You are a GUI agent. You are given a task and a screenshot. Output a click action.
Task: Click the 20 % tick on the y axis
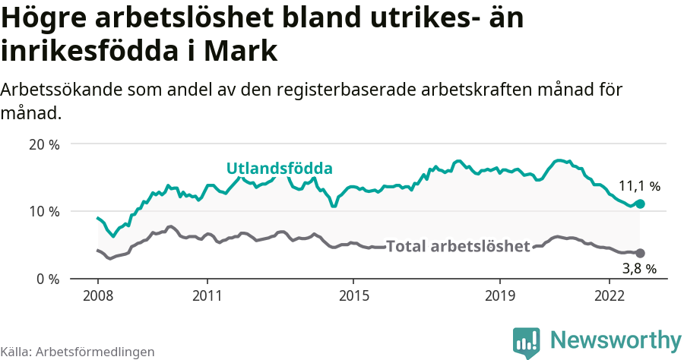pyautogui.click(x=43, y=144)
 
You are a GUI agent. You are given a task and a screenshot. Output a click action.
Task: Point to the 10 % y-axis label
pyautogui.click(x=43, y=211)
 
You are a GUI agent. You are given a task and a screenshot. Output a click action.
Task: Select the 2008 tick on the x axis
pyautogui.click(x=97, y=295)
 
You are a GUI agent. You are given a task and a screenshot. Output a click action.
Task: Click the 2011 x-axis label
pyautogui.click(x=207, y=295)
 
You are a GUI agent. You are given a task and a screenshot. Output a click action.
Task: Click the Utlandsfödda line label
pyautogui.click(x=280, y=169)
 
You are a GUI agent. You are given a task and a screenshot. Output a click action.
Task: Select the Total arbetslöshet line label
pyautogui.click(x=458, y=246)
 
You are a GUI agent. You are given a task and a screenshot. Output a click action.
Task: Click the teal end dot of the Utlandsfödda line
pyautogui.click(x=640, y=204)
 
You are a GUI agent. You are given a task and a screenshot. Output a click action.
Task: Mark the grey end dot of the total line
pyautogui.click(x=640, y=253)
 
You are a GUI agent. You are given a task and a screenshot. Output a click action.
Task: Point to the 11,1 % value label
pyautogui.click(x=639, y=185)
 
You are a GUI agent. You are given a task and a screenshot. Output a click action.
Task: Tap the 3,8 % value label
pyautogui.click(x=639, y=268)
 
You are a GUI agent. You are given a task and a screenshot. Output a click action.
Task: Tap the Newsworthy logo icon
pyautogui.click(x=526, y=342)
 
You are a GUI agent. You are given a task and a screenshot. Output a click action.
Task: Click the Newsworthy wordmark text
pyautogui.click(x=616, y=340)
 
